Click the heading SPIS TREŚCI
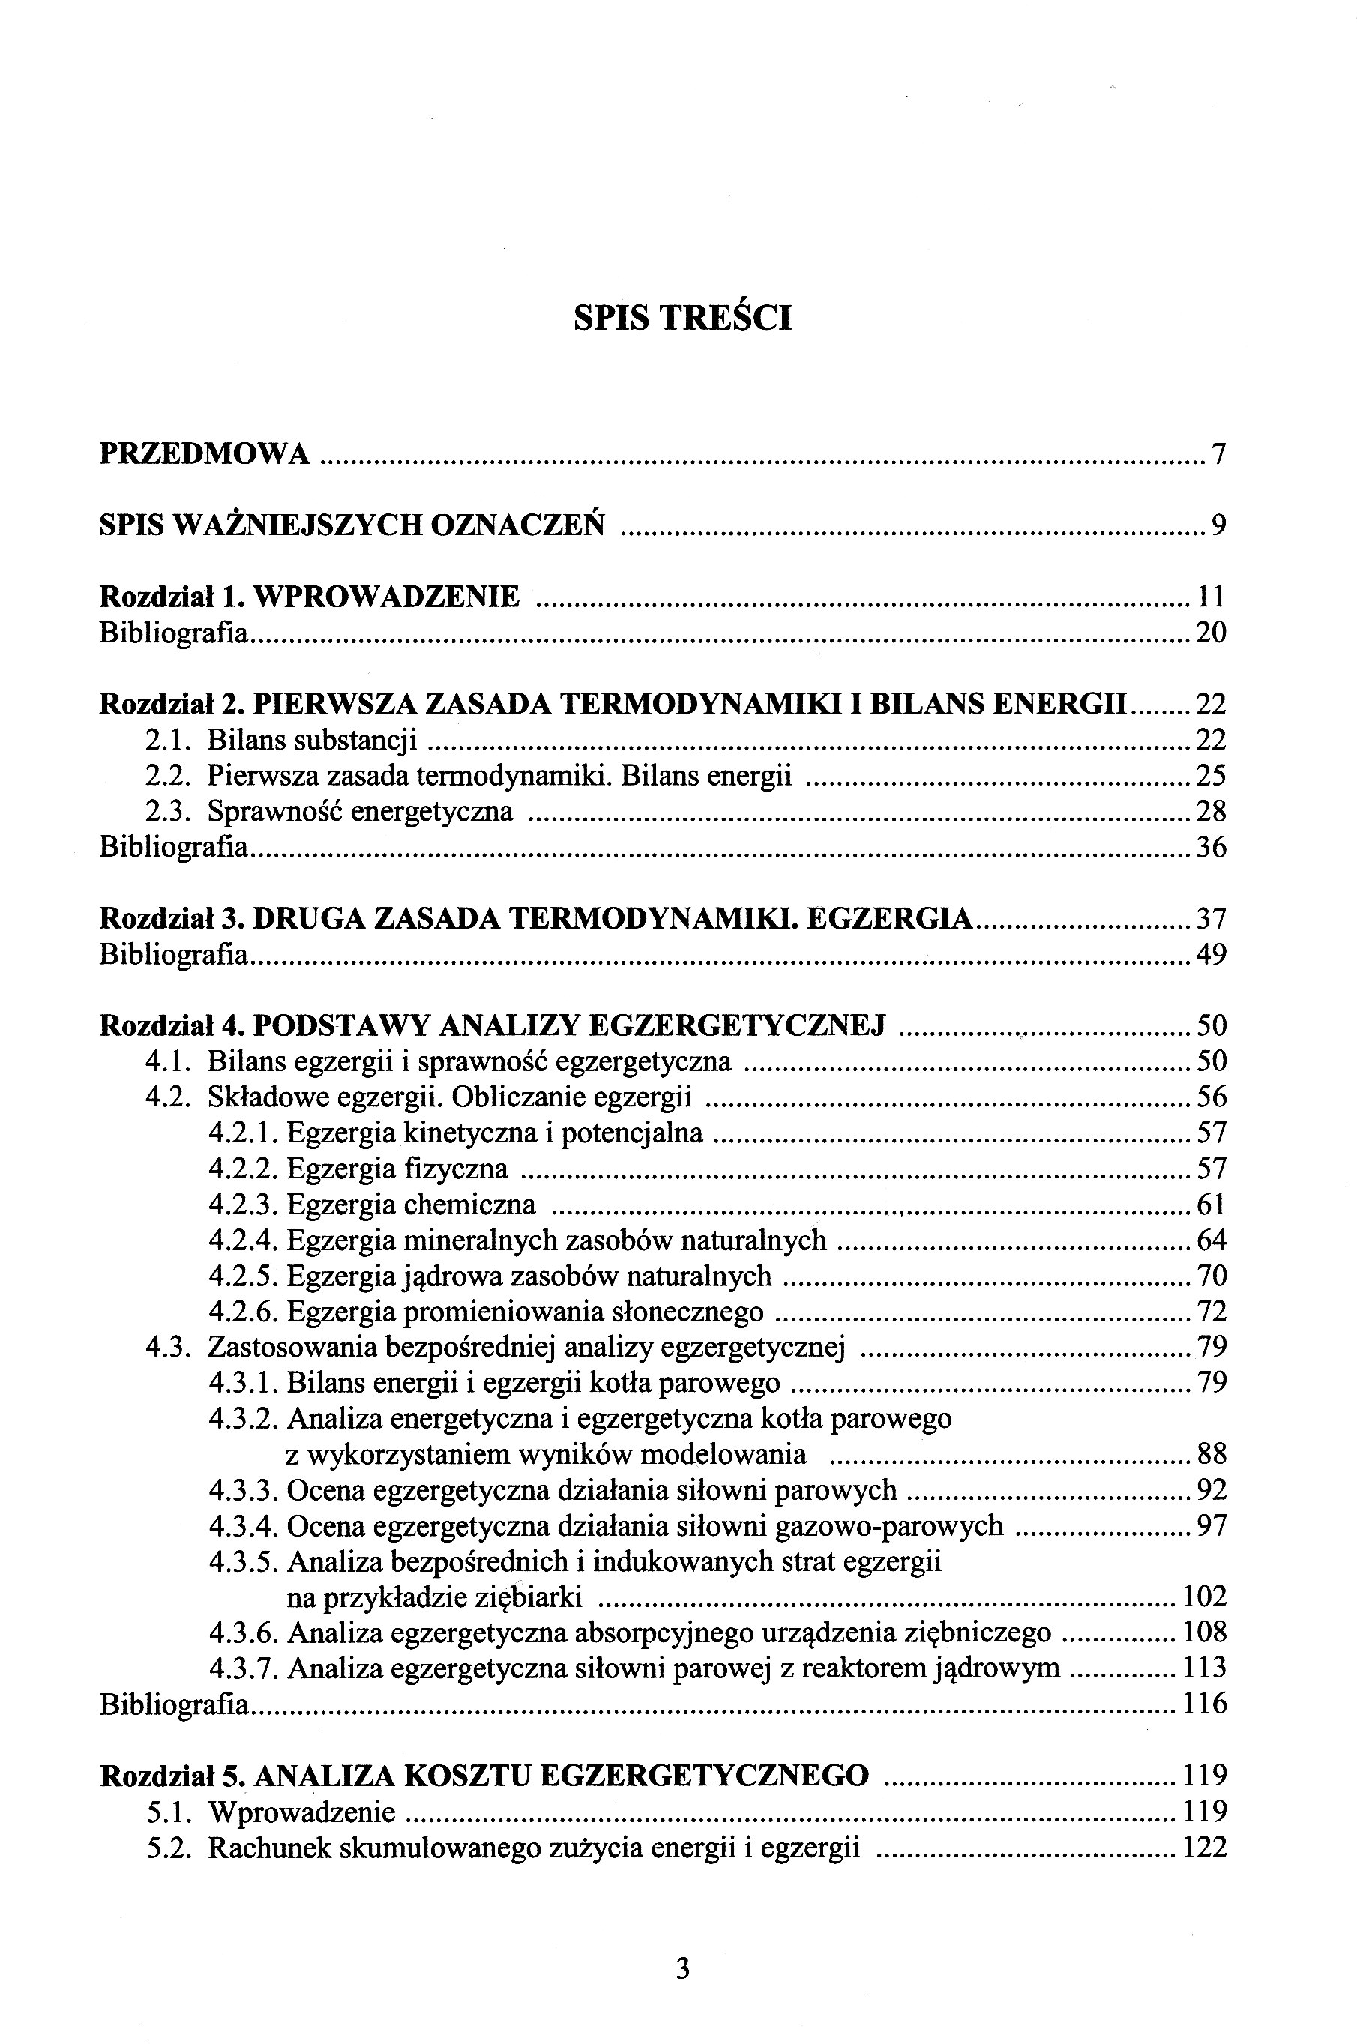(x=682, y=319)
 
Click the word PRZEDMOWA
(x=205, y=453)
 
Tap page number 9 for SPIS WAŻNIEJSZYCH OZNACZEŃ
(x=1218, y=525)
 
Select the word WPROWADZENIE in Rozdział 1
(x=388, y=597)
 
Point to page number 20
(x=1211, y=633)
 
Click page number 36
(x=1211, y=847)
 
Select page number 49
(x=1211, y=954)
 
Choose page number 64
(x=1211, y=1240)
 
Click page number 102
(x=1204, y=1597)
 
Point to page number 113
(x=1204, y=1668)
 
